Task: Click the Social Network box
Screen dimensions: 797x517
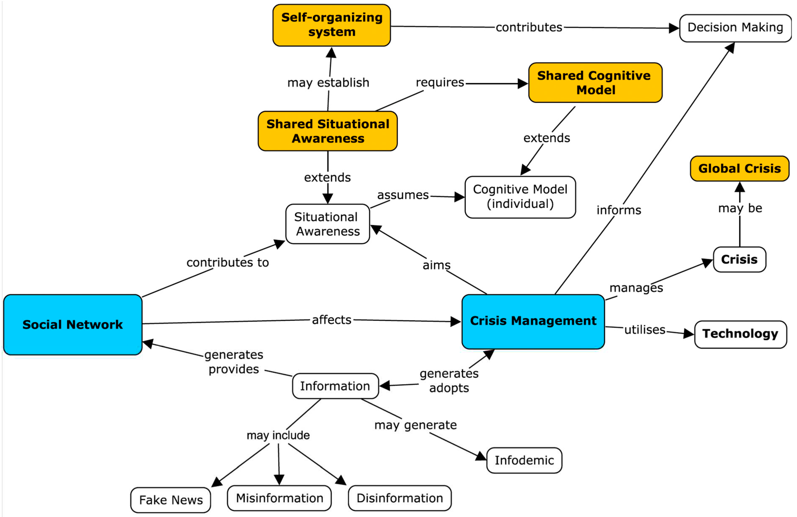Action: pyautogui.click(x=73, y=324)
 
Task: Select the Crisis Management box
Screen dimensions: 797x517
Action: pyautogui.click(x=533, y=322)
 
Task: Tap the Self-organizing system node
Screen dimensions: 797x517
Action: pyautogui.click(x=332, y=25)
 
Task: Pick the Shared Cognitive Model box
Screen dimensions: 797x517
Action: pyautogui.click(x=595, y=82)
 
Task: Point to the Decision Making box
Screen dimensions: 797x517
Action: pyautogui.click(x=735, y=28)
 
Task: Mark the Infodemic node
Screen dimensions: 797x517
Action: pyautogui.click(x=524, y=460)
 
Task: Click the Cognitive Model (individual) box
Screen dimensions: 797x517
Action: pyautogui.click(x=520, y=197)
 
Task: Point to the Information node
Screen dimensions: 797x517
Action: pyautogui.click(x=335, y=386)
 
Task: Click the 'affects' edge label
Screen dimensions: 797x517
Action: pyautogui.click(x=332, y=320)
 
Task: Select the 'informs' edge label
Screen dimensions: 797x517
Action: pyautogui.click(x=619, y=210)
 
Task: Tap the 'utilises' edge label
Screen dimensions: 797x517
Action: pyautogui.click(x=645, y=330)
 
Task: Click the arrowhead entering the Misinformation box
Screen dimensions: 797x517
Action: pyautogui.click(x=279, y=480)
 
